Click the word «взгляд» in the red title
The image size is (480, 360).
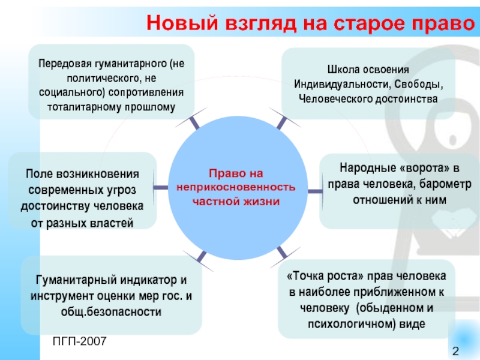click(261, 23)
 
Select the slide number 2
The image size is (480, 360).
click(455, 351)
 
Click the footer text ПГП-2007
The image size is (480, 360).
click(80, 341)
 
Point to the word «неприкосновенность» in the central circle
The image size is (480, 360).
click(236, 187)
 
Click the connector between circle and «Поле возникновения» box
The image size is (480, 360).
click(160, 187)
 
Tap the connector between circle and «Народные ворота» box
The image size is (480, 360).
click(316, 191)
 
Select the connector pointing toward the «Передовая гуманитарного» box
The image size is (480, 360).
click(194, 122)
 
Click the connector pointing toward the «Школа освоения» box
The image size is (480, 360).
click(281, 122)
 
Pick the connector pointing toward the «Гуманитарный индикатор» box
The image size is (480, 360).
click(201, 257)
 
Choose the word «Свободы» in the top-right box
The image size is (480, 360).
click(418, 85)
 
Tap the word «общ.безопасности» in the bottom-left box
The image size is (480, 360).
click(111, 312)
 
